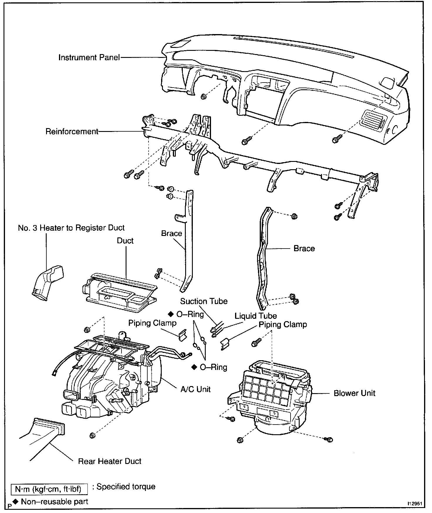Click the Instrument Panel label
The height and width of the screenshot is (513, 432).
point(89,57)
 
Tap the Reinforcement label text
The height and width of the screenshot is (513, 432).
point(72,131)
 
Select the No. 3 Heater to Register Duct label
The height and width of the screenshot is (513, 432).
point(71,228)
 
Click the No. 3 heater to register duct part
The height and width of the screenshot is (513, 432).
point(48,282)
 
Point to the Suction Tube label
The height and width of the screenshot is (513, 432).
point(204,301)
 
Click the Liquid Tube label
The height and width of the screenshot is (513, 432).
point(256,316)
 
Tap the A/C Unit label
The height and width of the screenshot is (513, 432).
point(196,389)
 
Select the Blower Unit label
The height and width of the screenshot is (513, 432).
point(355,393)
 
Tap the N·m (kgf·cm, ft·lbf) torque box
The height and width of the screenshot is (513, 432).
point(50,489)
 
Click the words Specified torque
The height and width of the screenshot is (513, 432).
point(126,487)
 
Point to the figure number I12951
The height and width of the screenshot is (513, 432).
point(414,503)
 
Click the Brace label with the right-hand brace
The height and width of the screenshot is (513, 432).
point(304,248)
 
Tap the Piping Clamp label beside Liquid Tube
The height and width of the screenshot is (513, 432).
point(283,324)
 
